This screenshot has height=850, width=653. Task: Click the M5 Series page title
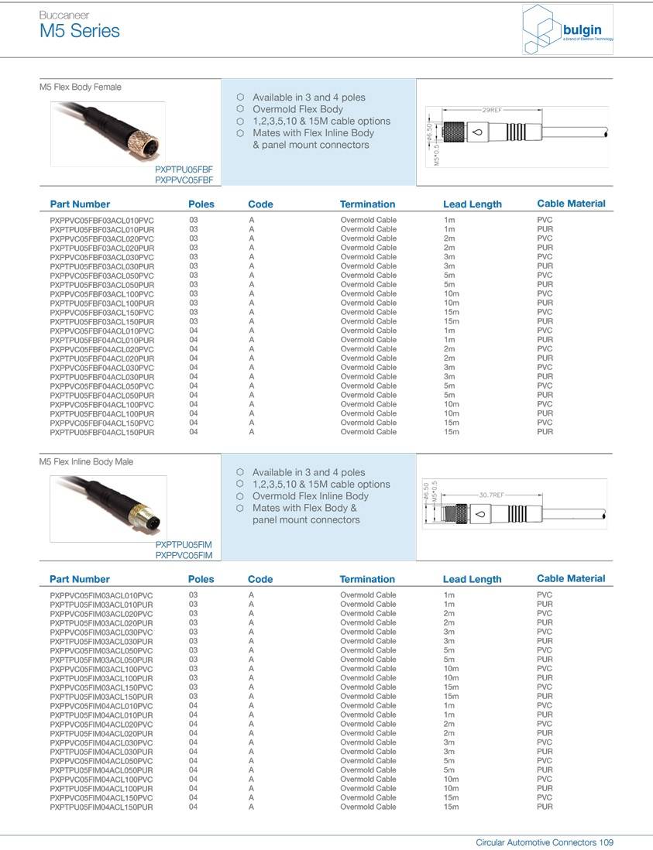[80, 31]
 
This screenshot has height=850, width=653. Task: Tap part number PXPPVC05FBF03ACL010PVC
[101, 221]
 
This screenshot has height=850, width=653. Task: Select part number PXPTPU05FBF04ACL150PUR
[101, 432]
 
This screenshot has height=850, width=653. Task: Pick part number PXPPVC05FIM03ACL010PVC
[101, 595]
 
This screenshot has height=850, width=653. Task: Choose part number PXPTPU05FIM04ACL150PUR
[101, 807]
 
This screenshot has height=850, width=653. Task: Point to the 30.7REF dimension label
[491, 494]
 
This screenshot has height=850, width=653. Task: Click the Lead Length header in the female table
[472, 204]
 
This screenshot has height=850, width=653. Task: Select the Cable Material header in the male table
[571, 578]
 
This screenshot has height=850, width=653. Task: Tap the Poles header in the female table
[201, 204]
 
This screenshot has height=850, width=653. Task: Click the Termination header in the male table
[367, 579]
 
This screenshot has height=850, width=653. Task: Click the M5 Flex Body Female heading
[81, 87]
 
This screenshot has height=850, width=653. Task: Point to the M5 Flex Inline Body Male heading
[86, 462]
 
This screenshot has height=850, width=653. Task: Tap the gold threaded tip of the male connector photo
[149, 526]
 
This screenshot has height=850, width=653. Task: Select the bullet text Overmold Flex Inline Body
[310, 496]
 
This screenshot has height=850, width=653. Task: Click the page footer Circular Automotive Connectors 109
[545, 842]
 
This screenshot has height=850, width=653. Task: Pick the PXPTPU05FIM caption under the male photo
[184, 545]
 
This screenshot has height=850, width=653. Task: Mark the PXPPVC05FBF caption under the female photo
[184, 180]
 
